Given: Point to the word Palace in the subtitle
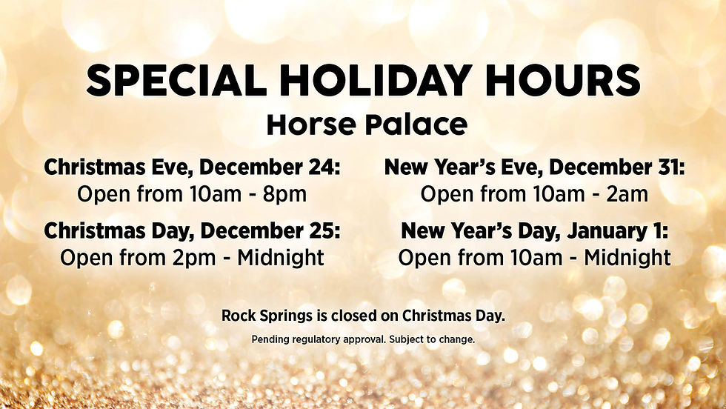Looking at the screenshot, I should coord(416,125).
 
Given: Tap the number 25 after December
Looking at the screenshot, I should coord(324,231).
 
